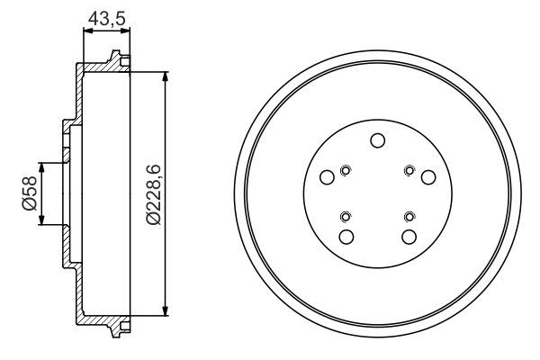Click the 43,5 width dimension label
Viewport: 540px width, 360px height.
[106, 16]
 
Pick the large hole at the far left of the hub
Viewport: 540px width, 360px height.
[328, 177]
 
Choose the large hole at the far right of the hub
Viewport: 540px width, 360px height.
[428, 177]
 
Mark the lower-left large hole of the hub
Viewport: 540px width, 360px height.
[346, 237]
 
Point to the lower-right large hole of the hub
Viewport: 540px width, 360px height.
[409, 237]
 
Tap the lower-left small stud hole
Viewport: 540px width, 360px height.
[346, 216]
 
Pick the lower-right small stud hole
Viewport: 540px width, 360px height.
[409, 216]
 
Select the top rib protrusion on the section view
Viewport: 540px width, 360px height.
[116, 59]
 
